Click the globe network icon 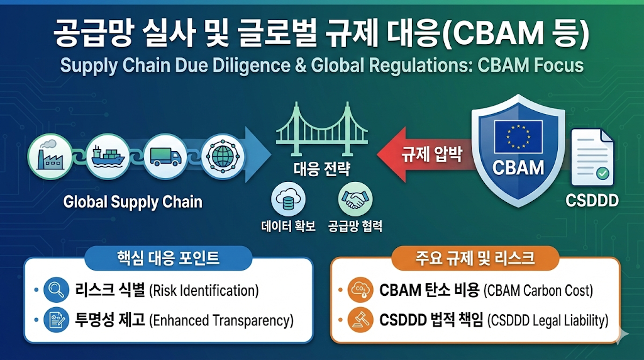pyautogui.click(x=221, y=154)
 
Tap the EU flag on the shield pyautogui.click(x=518, y=136)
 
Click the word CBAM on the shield pyautogui.click(x=518, y=167)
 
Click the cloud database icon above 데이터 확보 pyautogui.click(x=289, y=200)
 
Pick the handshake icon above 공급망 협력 pyautogui.click(x=355, y=200)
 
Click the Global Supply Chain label pyautogui.click(x=133, y=202)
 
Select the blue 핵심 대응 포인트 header pyautogui.click(x=168, y=258)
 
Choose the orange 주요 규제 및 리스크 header pyautogui.click(x=475, y=258)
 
